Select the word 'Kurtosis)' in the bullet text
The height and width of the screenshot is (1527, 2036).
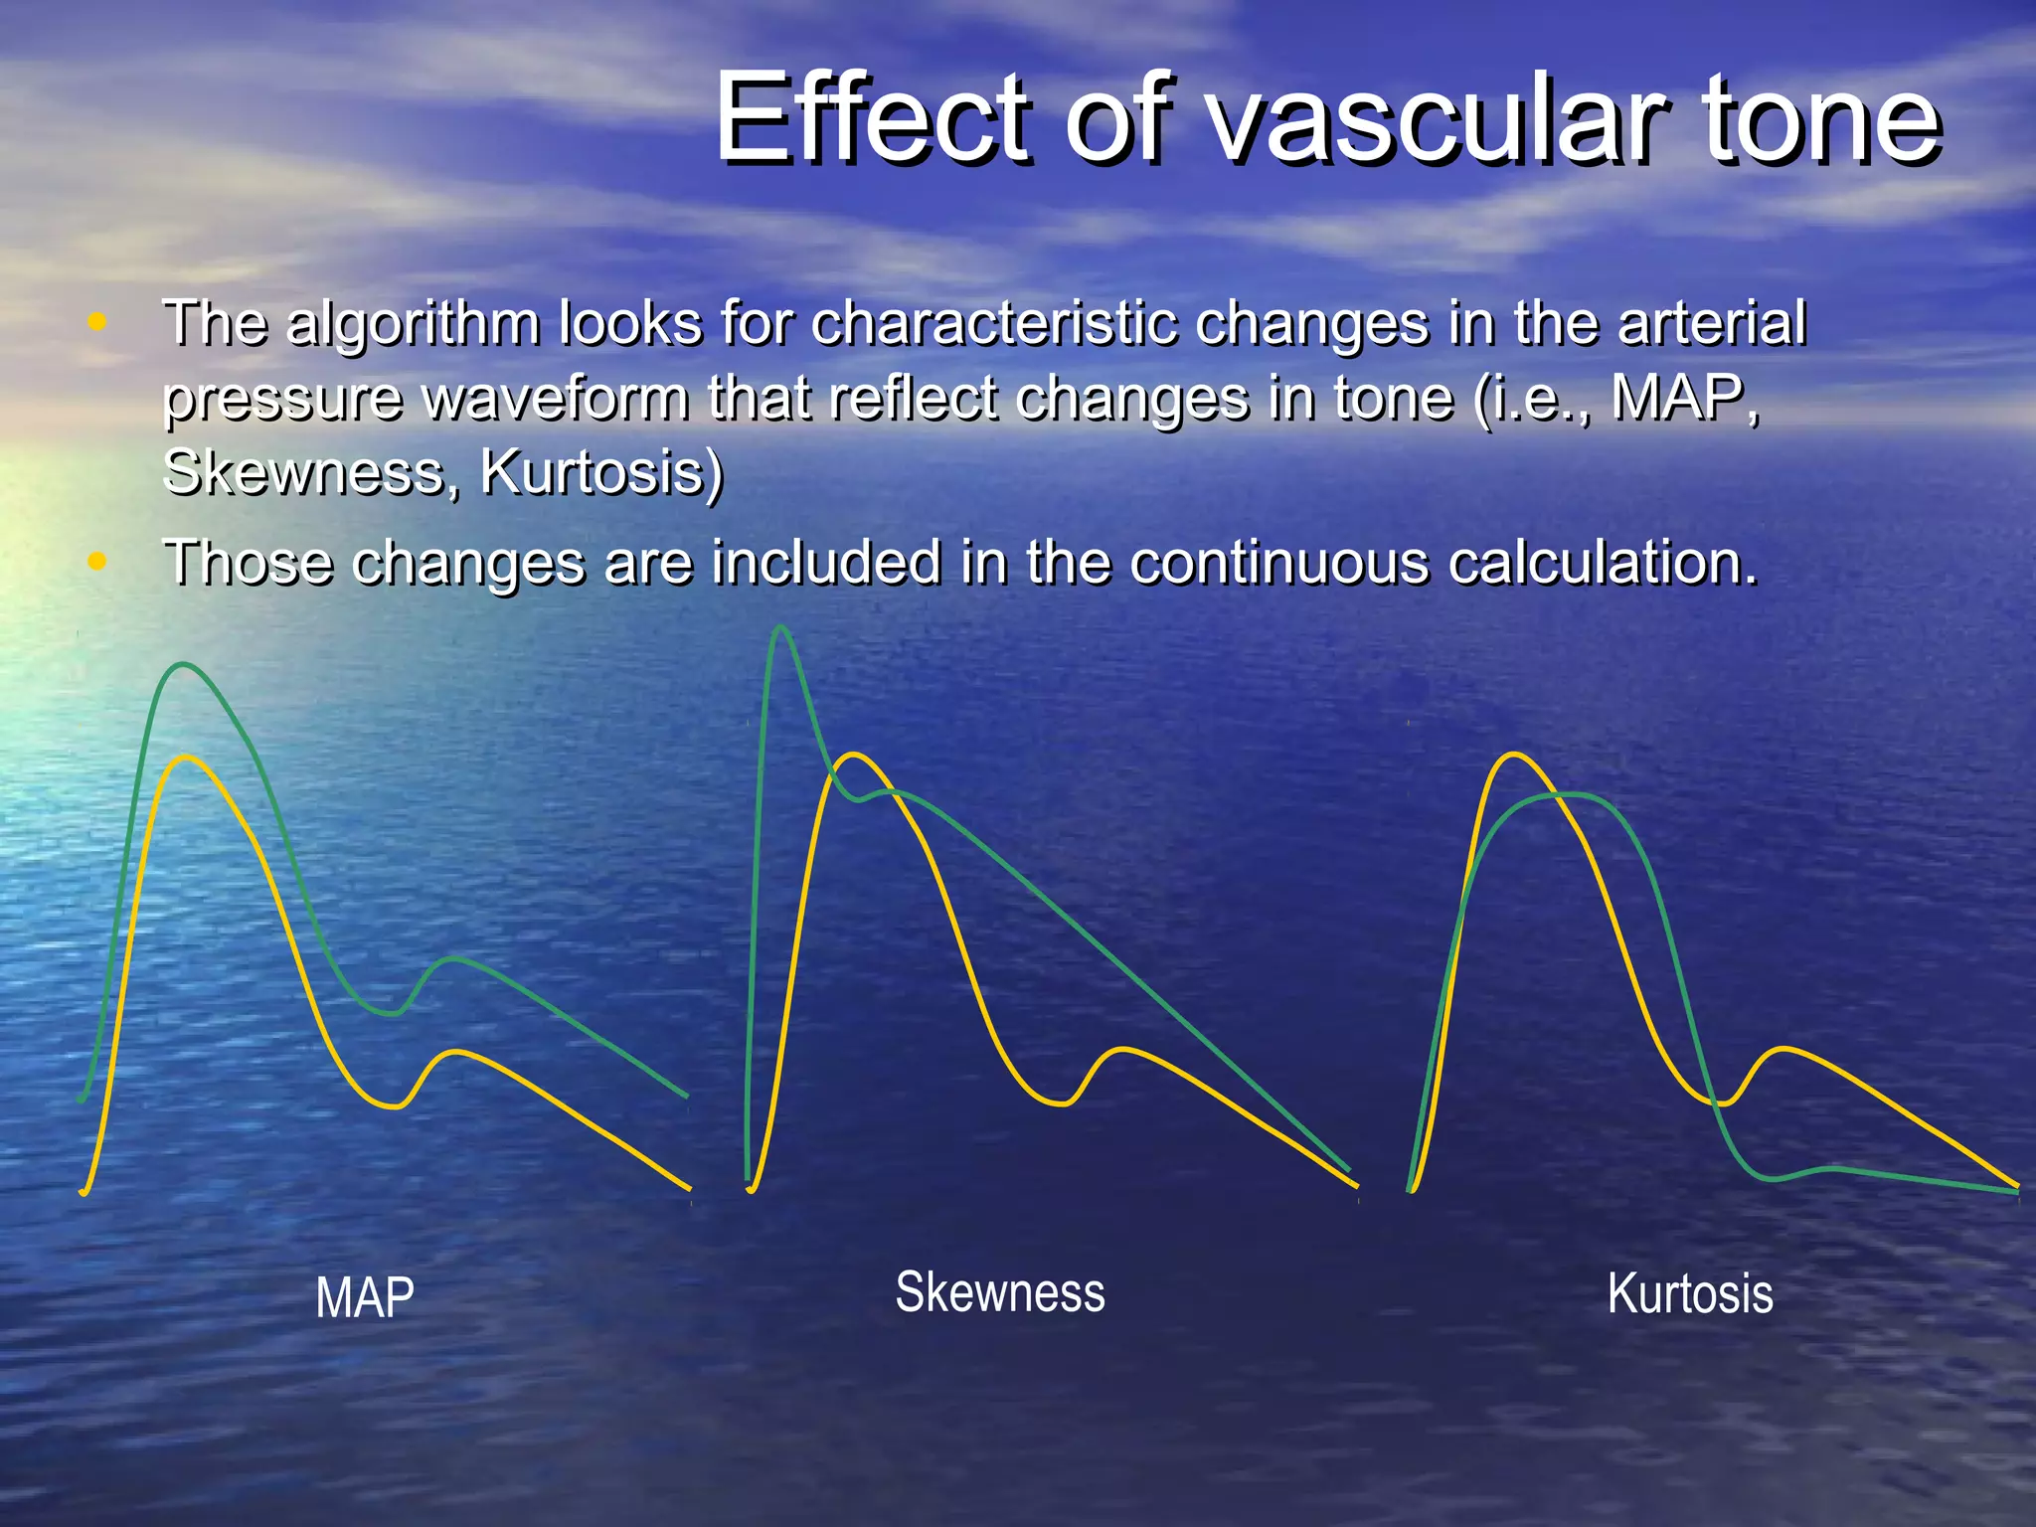point(602,472)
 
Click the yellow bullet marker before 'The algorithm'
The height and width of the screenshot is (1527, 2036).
point(96,322)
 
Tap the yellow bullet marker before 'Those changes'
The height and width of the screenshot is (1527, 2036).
point(96,562)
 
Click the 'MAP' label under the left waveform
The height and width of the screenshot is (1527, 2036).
point(365,1298)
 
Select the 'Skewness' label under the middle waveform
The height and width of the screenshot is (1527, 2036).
point(1000,1292)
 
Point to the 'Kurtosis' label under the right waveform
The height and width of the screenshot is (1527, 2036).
point(1690,1294)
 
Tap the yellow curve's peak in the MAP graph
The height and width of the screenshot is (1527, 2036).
point(187,758)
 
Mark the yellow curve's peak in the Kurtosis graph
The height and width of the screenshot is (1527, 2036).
point(1513,755)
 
